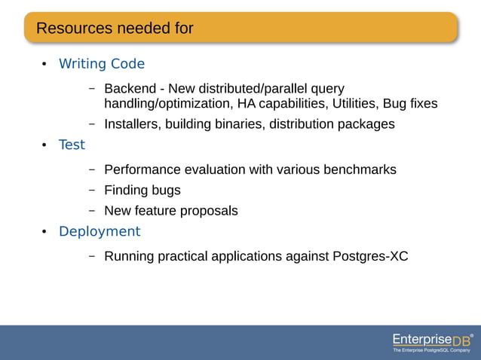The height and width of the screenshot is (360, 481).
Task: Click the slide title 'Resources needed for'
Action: click(115, 29)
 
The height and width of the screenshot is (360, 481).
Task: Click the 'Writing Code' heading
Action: click(102, 64)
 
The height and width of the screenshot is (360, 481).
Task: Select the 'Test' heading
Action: click(72, 145)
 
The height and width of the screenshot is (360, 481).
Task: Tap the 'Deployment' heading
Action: click(100, 231)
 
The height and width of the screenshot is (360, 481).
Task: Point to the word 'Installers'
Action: click(130, 124)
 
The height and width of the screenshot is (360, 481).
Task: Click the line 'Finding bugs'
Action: click(142, 190)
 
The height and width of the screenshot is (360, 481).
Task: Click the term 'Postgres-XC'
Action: click(370, 256)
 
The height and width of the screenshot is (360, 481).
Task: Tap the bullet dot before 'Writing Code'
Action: click(44, 64)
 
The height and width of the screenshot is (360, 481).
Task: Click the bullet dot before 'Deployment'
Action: click(44, 231)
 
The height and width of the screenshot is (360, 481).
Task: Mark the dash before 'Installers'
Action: click(91, 124)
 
